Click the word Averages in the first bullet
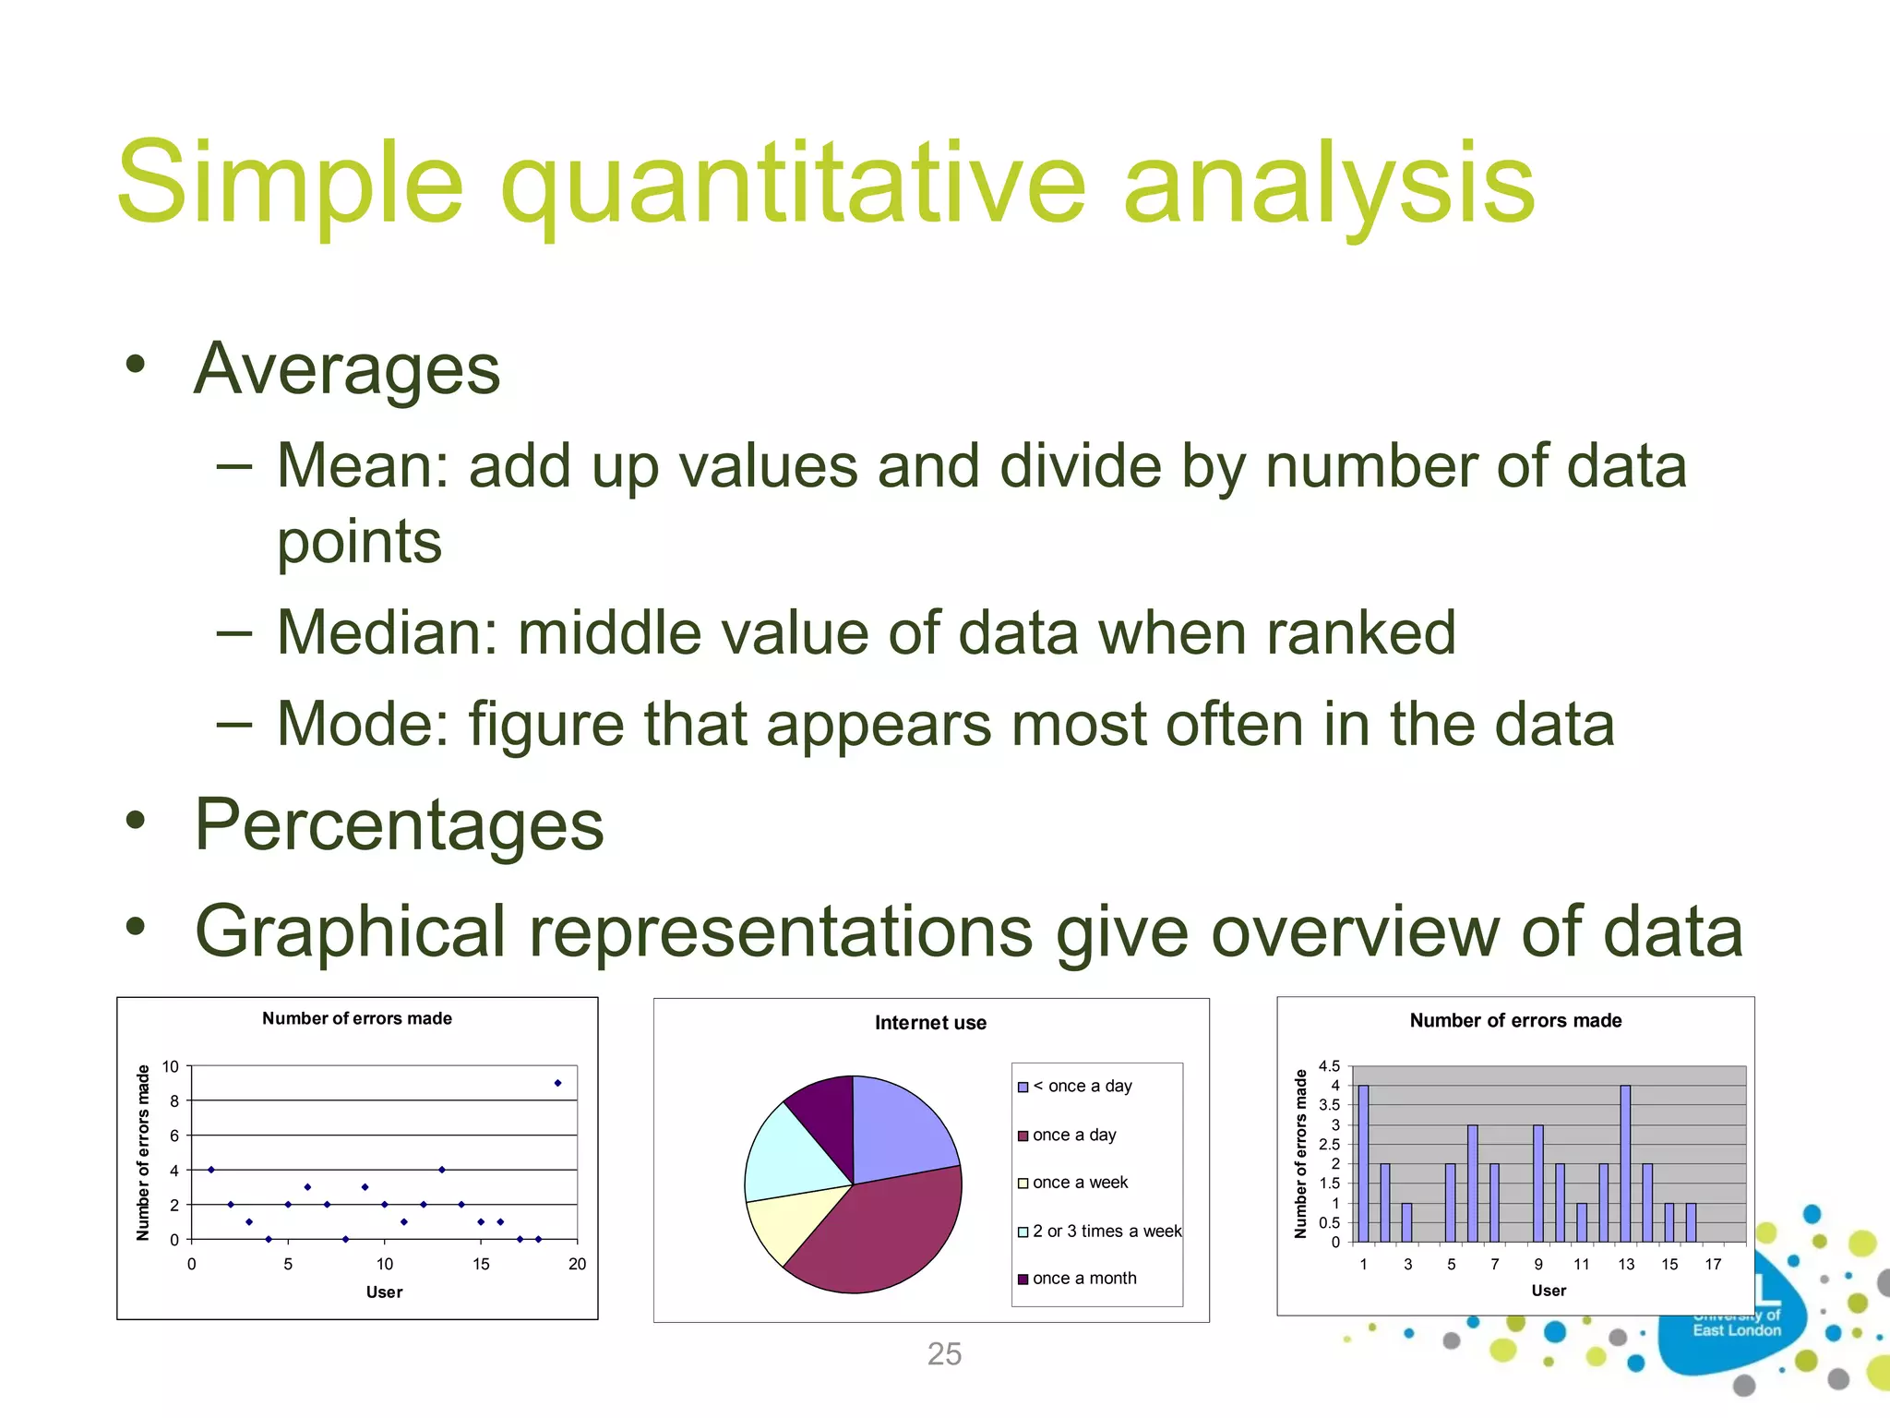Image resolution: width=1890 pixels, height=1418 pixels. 347,369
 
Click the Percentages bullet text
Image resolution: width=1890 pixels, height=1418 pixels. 399,824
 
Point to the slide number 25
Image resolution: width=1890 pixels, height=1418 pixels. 944,1353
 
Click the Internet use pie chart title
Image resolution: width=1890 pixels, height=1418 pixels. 930,1023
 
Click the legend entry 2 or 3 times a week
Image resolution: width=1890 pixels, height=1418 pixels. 1106,1232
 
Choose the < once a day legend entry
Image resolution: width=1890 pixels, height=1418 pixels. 1082,1087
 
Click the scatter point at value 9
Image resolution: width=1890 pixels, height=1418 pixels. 557,1083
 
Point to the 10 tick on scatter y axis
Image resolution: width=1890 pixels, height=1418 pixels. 171,1066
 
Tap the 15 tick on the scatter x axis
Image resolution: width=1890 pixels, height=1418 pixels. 481,1264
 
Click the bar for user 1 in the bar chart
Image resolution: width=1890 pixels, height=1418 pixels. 1363,1163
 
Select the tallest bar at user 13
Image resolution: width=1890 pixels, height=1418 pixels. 1625,1163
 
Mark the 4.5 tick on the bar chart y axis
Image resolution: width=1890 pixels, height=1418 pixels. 1329,1066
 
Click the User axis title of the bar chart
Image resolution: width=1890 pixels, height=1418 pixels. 1549,1291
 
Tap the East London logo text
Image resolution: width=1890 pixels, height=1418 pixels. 1736,1330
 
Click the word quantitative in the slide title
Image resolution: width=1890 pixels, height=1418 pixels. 794,185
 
